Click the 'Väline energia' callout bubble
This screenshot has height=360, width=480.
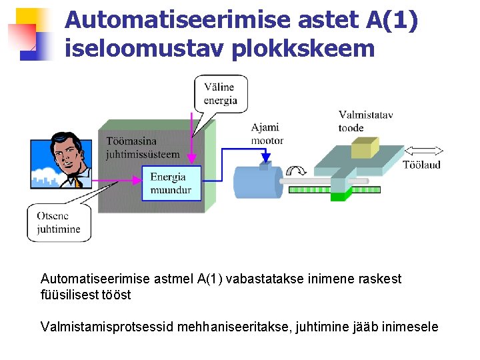[220, 93]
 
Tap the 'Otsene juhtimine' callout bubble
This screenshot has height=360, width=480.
[59, 223]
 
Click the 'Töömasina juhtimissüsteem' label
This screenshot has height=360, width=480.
[143, 147]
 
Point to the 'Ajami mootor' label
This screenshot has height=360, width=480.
[267, 133]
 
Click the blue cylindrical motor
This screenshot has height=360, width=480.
[257, 180]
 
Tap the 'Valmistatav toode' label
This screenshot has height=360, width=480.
[365, 121]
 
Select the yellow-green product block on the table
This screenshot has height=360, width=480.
[365, 147]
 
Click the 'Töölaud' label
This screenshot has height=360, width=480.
[421, 165]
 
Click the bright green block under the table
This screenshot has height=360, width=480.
[340, 195]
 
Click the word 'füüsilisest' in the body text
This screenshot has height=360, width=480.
[68, 294]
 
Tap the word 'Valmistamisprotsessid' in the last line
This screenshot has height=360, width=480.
[105, 327]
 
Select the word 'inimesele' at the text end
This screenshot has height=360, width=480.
[413, 327]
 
